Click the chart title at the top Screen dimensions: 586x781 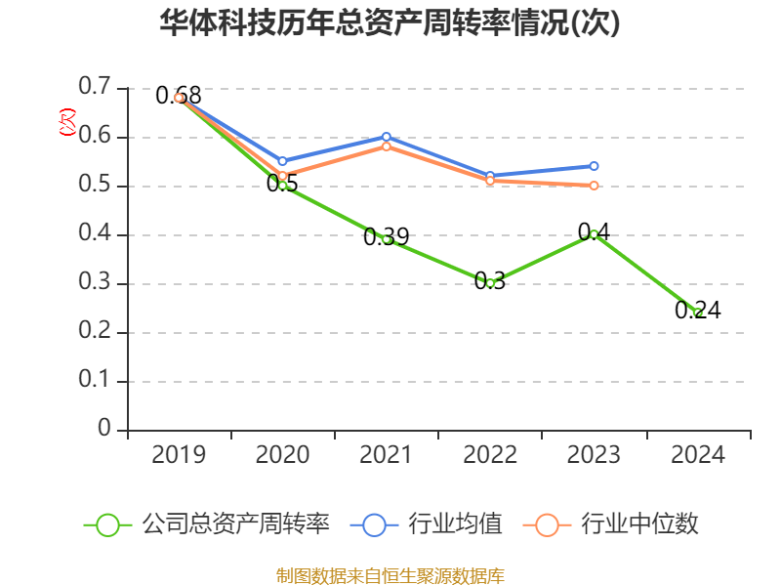pyautogui.click(x=390, y=23)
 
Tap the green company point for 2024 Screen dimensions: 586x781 pyautogui.click(x=698, y=313)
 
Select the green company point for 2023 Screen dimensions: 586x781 pyautogui.click(x=594, y=234)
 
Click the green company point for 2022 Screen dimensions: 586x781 pyautogui.click(x=490, y=283)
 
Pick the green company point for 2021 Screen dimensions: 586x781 pyautogui.click(x=387, y=239)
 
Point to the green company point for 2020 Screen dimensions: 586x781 pyautogui.click(x=283, y=185)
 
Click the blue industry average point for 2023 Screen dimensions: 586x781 pyautogui.click(x=594, y=166)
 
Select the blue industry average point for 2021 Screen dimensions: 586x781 pyautogui.click(x=387, y=137)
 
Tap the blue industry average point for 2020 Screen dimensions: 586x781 pyautogui.click(x=283, y=161)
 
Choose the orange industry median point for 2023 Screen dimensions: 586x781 pyautogui.click(x=594, y=186)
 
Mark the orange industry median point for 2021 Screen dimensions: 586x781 pyautogui.click(x=387, y=146)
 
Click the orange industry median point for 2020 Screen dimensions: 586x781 pyautogui.click(x=283, y=176)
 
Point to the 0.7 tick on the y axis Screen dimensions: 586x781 pyautogui.click(x=95, y=88)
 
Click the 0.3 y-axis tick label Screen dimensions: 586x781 pyautogui.click(x=95, y=283)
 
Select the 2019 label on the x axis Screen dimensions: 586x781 pyautogui.click(x=180, y=455)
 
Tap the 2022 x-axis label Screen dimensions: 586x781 pyautogui.click(x=490, y=455)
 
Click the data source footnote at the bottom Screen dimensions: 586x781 pyautogui.click(x=390, y=575)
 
